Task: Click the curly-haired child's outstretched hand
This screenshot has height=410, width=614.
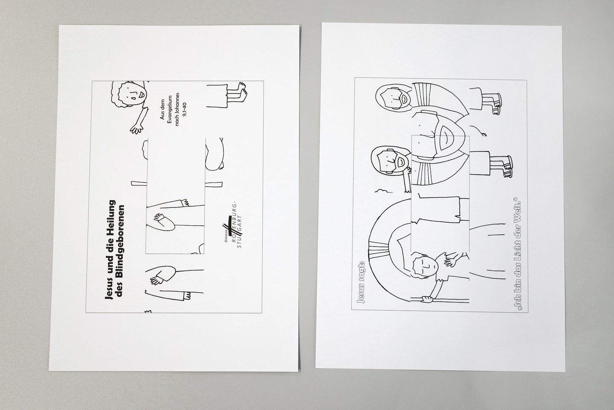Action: tap(136, 129)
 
